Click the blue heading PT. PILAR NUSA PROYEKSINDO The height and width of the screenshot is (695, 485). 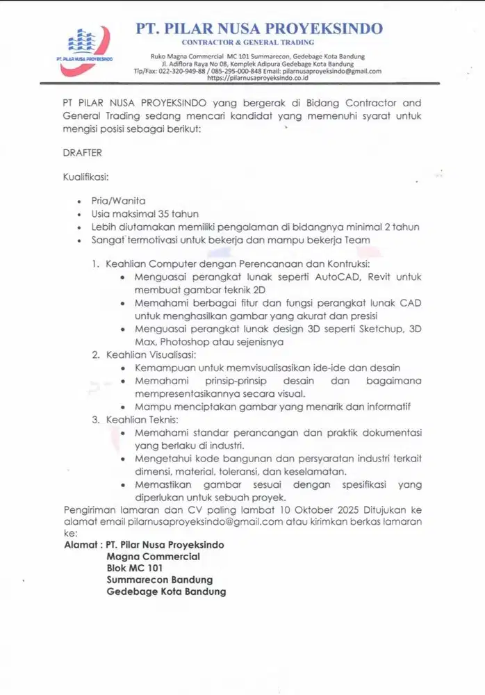259,28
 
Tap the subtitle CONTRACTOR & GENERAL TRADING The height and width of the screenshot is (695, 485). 258,43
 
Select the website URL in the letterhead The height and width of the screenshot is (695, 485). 258,79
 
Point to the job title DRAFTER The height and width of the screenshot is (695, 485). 82,152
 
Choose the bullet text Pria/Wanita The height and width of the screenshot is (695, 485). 118,201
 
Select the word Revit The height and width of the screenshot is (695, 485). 380,277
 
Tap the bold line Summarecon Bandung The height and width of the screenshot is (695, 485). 159,580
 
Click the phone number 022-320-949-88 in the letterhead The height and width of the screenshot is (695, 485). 182,71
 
